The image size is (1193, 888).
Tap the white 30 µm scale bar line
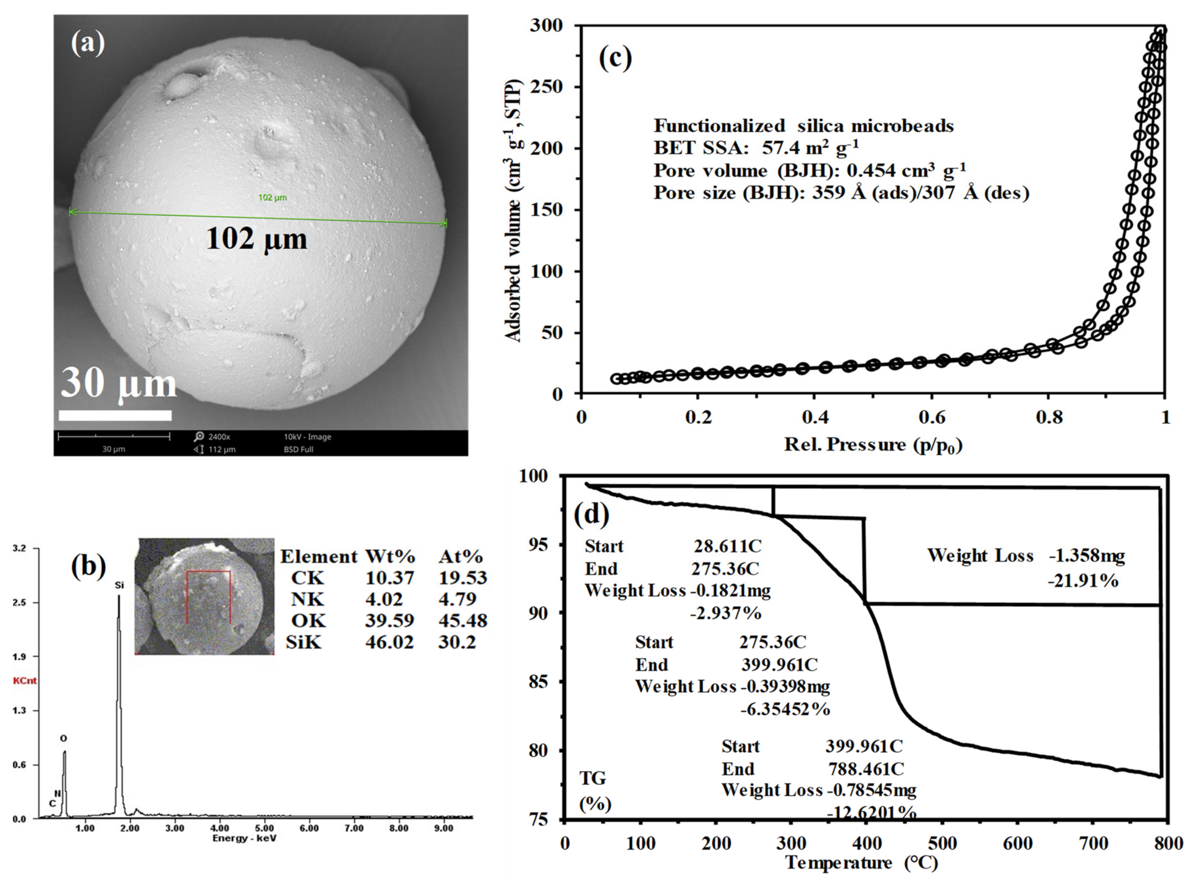click(115, 415)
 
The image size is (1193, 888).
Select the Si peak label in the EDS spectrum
click(119, 585)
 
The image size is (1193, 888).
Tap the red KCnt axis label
click(25, 681)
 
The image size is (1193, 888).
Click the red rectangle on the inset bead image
click(208, 597)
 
